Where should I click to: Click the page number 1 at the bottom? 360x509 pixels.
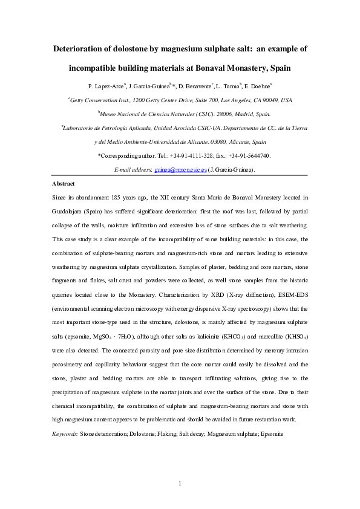tap(180, 482)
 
